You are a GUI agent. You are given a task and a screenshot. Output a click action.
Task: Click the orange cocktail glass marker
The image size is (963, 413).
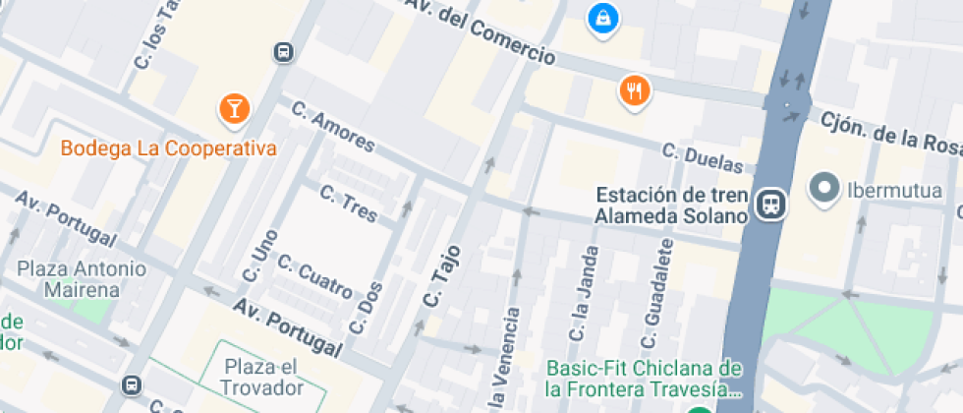click(233, 107)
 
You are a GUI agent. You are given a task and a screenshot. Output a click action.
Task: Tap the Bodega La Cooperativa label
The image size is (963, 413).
click(168, 148)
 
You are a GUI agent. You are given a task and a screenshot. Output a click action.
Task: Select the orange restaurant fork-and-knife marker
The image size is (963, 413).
click(635, 91)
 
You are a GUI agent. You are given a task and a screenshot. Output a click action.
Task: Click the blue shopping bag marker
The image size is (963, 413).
click(601, 18)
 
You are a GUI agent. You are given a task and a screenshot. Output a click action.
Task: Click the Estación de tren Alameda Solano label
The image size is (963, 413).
click(671, 205)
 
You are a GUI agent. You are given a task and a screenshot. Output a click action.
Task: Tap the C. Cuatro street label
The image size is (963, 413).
click(314, 275)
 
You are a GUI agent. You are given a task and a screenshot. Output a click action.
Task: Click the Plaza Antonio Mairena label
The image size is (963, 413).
click(82, 279)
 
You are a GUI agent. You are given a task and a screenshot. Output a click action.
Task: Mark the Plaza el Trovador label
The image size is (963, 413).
click(262, 377)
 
